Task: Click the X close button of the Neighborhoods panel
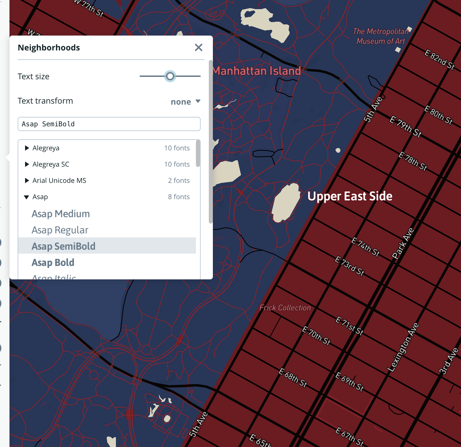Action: point(199,47)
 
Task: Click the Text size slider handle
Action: point(170,76)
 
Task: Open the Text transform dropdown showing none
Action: point(185,102)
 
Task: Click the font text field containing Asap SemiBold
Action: point(109,124)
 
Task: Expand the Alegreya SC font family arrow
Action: point(27,164)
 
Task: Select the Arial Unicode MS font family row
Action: point(59,180)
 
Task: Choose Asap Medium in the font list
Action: point(61,214)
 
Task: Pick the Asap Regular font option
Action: point(60,230)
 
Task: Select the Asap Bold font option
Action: point(53,262)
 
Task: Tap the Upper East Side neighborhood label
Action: point(350,196)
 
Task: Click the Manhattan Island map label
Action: point(257,71)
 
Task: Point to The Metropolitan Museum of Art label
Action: point(381,36)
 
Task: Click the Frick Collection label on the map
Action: point(285,308)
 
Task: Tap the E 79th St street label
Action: point(405,127)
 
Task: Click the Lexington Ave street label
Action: point(403,347)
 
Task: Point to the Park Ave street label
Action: point(403,243)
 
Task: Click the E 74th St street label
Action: point(365,247)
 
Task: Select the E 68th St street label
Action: point(293,378)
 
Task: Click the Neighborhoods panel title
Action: point(49,48)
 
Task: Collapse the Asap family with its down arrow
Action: point(26,197)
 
